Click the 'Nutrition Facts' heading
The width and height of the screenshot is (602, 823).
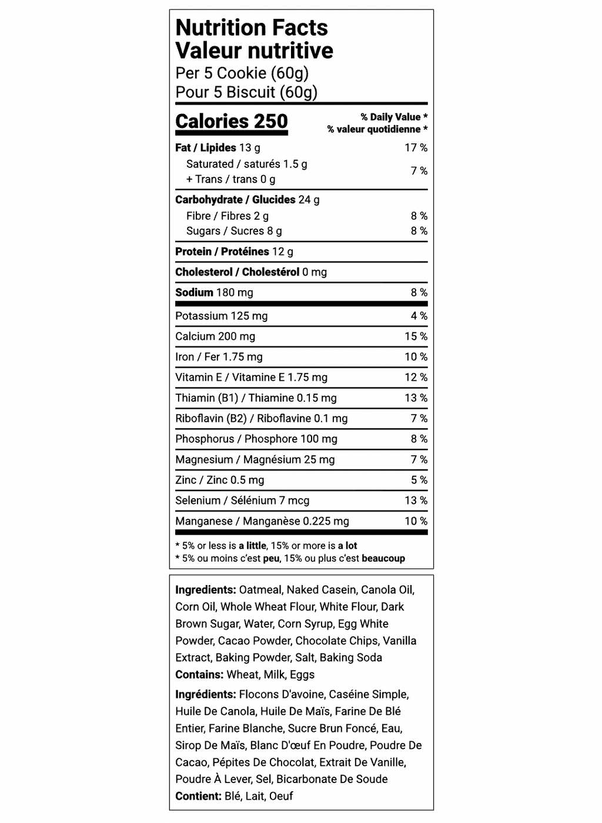click(x=252, y=28)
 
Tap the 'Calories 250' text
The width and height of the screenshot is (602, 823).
click(x=232, y=122)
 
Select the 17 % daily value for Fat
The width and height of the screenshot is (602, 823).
click(x=416, y=148)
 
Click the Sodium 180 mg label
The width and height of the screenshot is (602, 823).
click(x=214, y=293)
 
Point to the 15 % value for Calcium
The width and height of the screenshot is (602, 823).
click(x=416, y=337)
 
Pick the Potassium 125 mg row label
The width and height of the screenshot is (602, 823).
click(x=221, y=316)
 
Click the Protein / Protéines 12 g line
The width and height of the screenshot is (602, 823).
click(x=234, y=251)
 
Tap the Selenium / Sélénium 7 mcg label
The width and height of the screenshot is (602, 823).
click(x=242, y=500)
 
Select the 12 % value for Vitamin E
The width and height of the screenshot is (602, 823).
click(x=416, y=378)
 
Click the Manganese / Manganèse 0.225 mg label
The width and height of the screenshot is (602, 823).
click(x=262, y=521)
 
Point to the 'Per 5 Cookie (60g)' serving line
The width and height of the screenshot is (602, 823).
click(x=242, y=73)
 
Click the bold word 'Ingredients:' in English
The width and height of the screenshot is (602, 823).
click(x=205, y=590)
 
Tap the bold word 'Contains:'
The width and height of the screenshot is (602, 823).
click(x=199, y=674)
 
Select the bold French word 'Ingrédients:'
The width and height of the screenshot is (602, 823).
click(x=205, y=694)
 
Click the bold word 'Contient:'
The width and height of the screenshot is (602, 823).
click(x=198, y=796)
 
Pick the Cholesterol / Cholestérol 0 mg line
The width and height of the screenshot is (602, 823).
click(x=250, y=272)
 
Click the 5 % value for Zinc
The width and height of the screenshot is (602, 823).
click(x=419, y=481)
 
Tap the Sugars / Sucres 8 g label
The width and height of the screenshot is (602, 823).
click(x=234, y=231)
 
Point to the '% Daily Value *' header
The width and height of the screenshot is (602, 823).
click(x=394, y=117)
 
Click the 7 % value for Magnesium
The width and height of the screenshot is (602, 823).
click(x=419, y=460)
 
